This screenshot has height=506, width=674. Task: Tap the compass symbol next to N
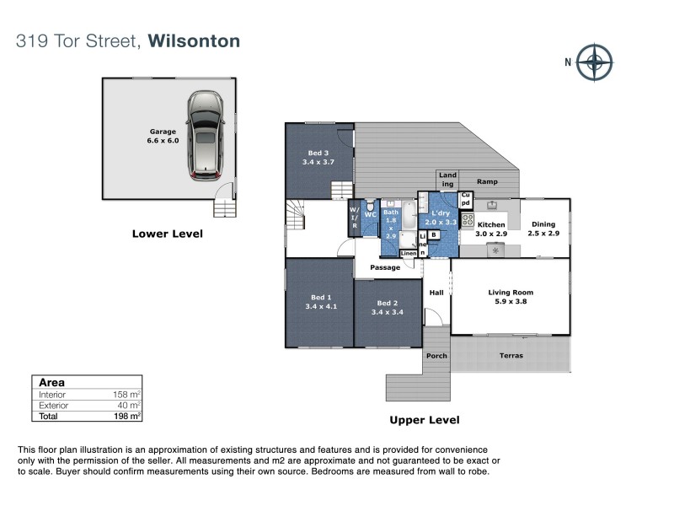pyautogui.click(x=596, y=62)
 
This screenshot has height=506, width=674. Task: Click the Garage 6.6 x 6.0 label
pyautogui.click(x=163, y=137)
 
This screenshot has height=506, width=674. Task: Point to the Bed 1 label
pyautogui.click(x=319, y=301)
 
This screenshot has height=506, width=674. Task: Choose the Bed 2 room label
pyautogui.click(x=387, y=308)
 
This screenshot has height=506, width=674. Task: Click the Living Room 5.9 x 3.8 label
pyautogui.click(x=511, y=298)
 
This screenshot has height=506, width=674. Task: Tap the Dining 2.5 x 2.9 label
pyautogui.click(x=543, y=229)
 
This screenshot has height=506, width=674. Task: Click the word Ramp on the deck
pyautogui.click(x=487, y=182)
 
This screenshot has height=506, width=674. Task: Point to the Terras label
pyautogui.click(x=511, y=356)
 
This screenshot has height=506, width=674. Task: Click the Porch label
pyautogui.click(x=436, y=356)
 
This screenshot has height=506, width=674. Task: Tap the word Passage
pyautogui.click(x=387, y=267)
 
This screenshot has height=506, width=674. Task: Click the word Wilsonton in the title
pyautogui.click(x=194, y=40)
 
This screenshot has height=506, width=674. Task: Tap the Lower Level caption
pyautogui.click(x=168, y=234)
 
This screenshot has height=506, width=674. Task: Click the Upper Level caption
pyautogui.click(x=424, y=419)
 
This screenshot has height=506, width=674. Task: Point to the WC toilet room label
pyautogui.click(x=370, y=215)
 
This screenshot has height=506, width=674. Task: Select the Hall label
pyautogui.click(x=436, y=293)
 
